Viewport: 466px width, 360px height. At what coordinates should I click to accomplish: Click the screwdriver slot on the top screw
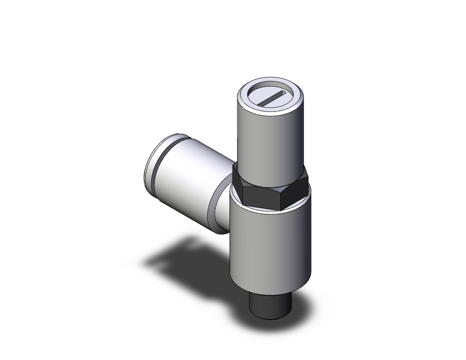click(271, 98)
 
